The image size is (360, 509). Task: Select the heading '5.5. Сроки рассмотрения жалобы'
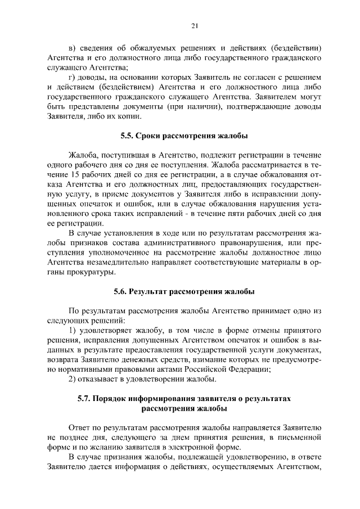(184, 136)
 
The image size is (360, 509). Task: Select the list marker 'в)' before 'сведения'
(71, 48)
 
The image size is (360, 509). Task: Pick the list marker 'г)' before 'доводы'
(71, 76)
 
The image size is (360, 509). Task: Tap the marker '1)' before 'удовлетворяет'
(72, 330)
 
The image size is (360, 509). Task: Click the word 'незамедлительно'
(115, 263)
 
